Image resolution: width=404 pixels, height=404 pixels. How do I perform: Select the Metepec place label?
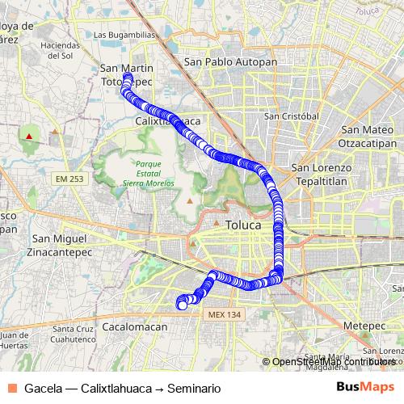pyautogui.click(x=360, y=324)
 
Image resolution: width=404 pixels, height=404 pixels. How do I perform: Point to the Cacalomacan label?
pyautogui.click(x=135, y=326)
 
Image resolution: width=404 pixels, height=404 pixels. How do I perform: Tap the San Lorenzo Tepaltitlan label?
pyautogui.click(x=322, y=175)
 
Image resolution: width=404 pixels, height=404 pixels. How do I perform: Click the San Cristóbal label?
pyautogui.click(x=289, y=116)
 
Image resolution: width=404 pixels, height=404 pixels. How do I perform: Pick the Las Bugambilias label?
pyautogui.click(x=124, y=36)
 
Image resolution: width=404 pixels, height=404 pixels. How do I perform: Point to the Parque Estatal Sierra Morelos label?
pyautogui.click(x=143, y=173)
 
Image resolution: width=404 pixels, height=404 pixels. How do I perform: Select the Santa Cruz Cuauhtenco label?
pyautogui.click(x=75, y=335)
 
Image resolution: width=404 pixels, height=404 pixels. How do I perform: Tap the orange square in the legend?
pyautogui.click(x=11, y=388)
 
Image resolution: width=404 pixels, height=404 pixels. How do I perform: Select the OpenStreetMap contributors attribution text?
pyautogui.click(x=333, y=362)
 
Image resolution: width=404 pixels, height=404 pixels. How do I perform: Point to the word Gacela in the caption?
pyautogui.click(x=43, y=389)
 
